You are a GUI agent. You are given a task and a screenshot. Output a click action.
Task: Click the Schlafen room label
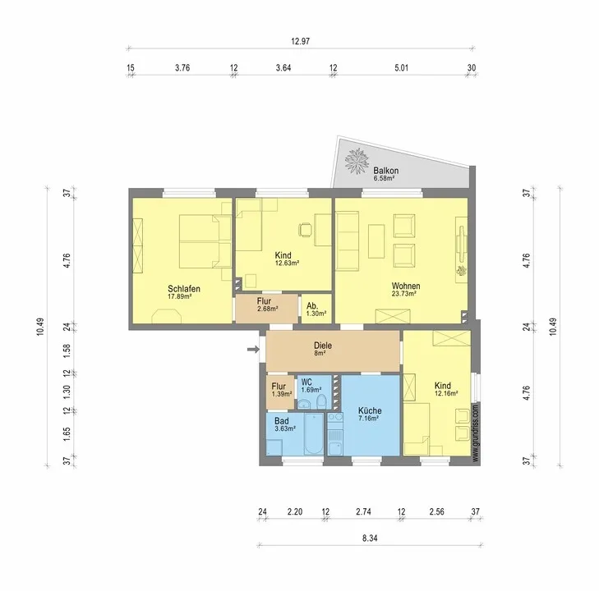pyautogui.click(x=184, y=289)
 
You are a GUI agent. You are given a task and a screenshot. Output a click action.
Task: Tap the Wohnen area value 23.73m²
pyautogui.click(x=403, y=294)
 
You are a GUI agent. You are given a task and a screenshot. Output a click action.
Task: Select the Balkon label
pyautogui.click(x=386, y=171)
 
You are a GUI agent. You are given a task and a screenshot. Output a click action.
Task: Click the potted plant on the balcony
pyautogui.click(x=357, y=161)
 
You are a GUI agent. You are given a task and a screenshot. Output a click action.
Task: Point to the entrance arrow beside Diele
pyautogui.click(x=253, y=349)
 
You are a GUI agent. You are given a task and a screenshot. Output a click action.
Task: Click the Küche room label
pyautogui.click(x=370, y=410)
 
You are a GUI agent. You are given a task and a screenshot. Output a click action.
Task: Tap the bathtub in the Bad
pyautogui.click(x=314, y=434)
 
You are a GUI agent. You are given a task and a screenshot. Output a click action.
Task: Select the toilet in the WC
pyautogui.click(x=321, y=401)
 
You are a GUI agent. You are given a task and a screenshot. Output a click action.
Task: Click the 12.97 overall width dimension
pyautogui.click(x=300, y=41)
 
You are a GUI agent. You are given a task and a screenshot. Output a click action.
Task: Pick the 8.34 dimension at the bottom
pyautogui.click(x=370, y=538)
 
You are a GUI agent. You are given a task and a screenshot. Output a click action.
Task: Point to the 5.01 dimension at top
pyautogui.click(x=401, y=68)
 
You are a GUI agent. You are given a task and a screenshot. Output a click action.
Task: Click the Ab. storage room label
pyautogui.click(x=311, y=306)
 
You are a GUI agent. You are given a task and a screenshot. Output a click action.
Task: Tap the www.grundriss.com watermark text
pyautogui.click(x=475, y=433)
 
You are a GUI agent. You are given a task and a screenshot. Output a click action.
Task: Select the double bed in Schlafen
pyautogui.click(x=205, y=241)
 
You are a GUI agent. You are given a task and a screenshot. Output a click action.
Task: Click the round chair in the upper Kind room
pyautogui.click(x=305, y=230)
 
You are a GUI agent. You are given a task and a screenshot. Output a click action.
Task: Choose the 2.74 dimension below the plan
pyautogui.click(x=363, y=511)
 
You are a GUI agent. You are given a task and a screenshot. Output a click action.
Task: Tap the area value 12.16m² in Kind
pyautogui.click(x=446, y=393)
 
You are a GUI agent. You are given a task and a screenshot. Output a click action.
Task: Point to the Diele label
pyautogui.click(x=323, y=346)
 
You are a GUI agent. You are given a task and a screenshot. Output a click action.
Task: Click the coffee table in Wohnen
pyautogui.click(x=376, y=241)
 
